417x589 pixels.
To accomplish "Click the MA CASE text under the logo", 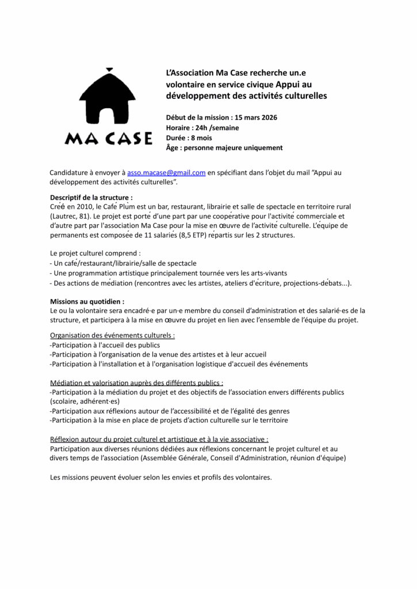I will coord(109,139).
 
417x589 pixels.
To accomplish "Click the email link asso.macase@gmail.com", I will coord(166,172).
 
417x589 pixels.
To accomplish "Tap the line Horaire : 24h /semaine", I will coord(202,127).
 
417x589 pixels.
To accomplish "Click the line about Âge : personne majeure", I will coord(224,148).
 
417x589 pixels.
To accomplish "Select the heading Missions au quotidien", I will coord(86,301).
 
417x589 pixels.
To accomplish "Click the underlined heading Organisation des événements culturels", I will coord(112,335).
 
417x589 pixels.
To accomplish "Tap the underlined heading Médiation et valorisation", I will coord(136,382).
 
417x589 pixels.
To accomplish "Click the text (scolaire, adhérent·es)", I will coord(85,401).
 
